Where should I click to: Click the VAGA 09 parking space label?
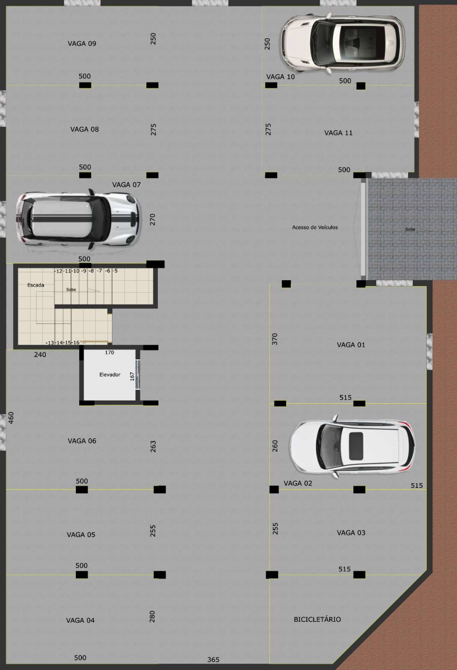coord(82,44)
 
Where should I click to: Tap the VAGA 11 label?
coord(338,133)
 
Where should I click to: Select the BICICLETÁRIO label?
coord(317,619)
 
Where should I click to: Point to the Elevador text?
coord(110,374)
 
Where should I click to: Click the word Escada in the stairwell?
coord(36,285)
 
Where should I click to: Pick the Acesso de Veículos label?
coord(315,227)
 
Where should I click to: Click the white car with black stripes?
coord(77,219)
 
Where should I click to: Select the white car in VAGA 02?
coord(352,446)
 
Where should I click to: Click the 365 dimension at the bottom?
coord(213,660)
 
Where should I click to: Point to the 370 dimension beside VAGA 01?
coord(274,339)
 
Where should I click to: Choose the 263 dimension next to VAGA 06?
coord(153,447)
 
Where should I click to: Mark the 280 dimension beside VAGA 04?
coord(152,616)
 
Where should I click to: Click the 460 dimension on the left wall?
coord(11,418)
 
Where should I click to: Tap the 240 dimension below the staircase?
coord(40,354)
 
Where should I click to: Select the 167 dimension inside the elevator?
coord(132,376)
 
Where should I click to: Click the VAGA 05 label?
coord(81,534)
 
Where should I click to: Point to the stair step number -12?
coord(59,271)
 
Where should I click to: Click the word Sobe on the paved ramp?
coord(410,229)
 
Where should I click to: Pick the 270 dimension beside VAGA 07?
coord(152,219)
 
